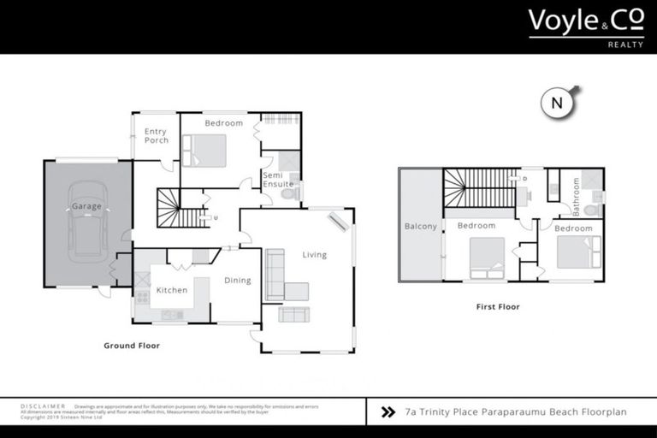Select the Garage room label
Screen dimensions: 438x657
pyautogui.click(x=86, y=206)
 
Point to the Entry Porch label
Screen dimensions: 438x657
pyautogui.click(x=156, y=136)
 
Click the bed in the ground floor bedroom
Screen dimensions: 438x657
pyautogui.click(x=204, y=151)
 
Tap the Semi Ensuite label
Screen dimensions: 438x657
pyautogui.click(x=278, y=180)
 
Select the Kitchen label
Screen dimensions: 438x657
pyautogui.click(x=172, y=290)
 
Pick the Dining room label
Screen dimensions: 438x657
pyautogui.click(x=238, y=280)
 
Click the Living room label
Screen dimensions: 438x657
pyautogui.click(x=314, y=255)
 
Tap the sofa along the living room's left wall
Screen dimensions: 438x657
pyautogui.click(x=275, y=274)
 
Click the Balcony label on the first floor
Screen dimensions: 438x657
pyautogui.click(x=421, y=227)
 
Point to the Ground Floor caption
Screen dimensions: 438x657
pyautogui.click(x=132, y=346)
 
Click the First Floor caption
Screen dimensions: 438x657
pyautogui.click(x=497, y=306)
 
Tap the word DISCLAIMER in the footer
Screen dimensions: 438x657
pyautogui.click(x=42, y=406)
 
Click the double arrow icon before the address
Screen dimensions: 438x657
pyautogui.click(x=388, y=412)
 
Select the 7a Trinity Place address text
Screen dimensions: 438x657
pyautogui.click(x=516, y=412)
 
